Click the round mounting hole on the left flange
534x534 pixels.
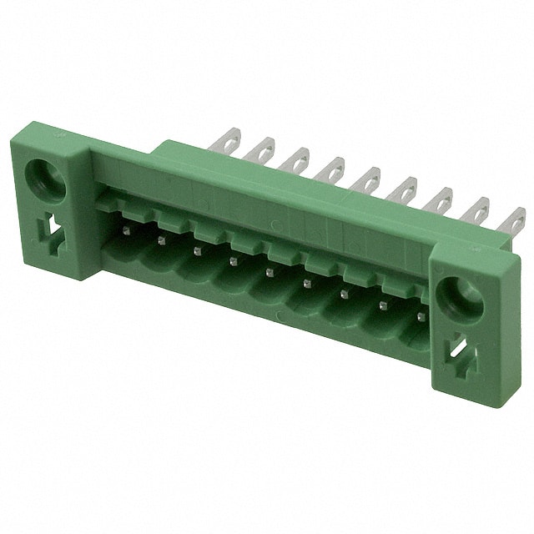[42, 178]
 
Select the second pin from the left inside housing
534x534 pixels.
[159, 240]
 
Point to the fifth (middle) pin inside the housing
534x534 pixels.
[270, 271]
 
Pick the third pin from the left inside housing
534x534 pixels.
[197, 250]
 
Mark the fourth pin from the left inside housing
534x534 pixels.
[233, 261]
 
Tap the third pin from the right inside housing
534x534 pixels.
[345, 294]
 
